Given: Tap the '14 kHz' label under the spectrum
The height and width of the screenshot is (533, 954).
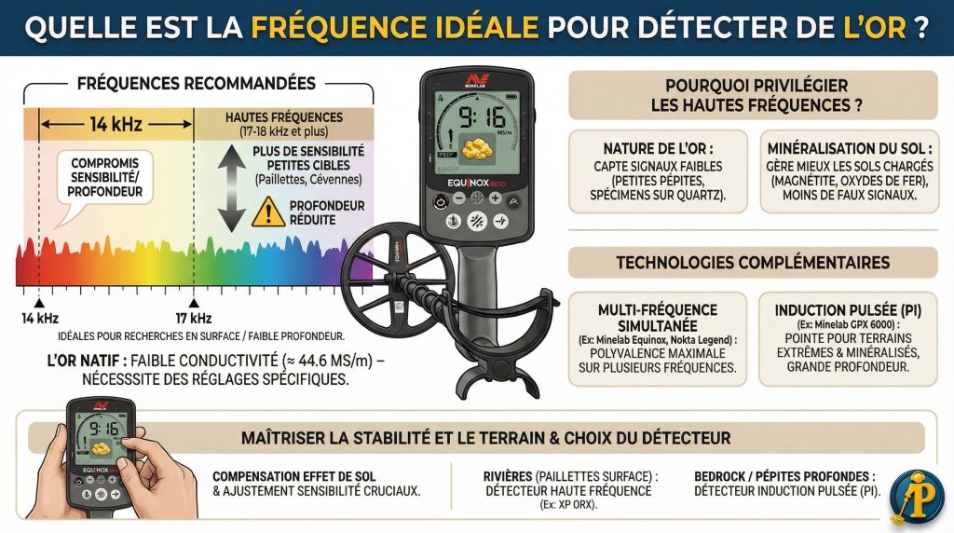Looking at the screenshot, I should point(37,319).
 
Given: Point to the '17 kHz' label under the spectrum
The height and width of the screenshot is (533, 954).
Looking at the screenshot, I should point(194,319).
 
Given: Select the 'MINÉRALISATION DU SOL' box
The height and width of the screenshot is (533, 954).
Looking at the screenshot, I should point(850,171).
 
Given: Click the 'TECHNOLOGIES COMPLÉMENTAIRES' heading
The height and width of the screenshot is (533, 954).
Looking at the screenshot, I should point(753,263).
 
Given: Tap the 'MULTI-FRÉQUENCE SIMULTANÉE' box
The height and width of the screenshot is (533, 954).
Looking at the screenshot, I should point(658,337).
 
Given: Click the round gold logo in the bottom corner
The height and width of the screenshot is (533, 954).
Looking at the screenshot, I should point(915,495).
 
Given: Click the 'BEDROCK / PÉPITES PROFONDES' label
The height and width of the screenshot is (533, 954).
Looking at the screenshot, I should point(785,475).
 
